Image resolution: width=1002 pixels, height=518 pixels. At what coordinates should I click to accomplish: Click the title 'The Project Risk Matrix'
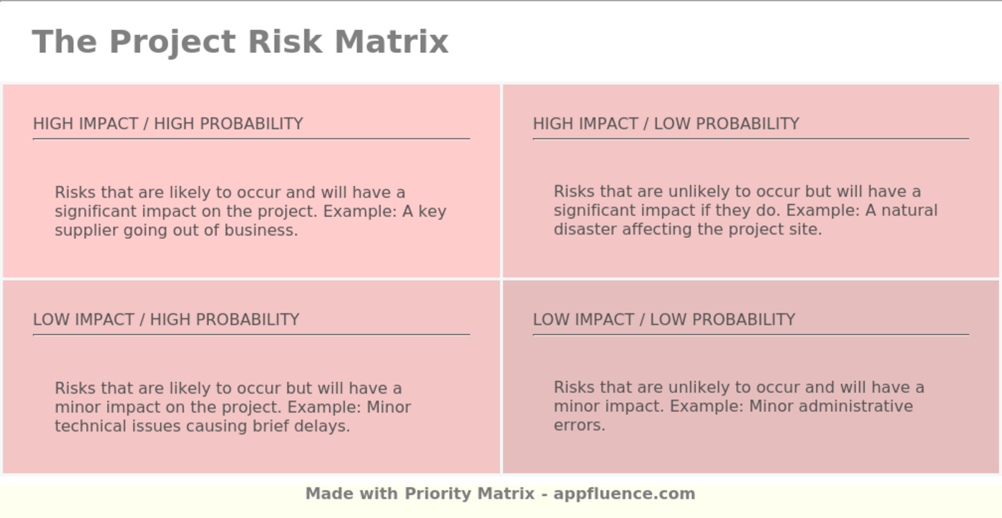[240, 41]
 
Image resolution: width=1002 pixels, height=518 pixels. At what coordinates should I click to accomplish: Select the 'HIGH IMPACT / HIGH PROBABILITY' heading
[168, 124]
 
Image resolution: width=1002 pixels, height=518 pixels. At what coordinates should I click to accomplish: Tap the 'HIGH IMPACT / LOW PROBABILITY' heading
[666, 124]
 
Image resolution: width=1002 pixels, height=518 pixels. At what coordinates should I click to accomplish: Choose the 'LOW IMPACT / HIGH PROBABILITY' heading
[166, 320]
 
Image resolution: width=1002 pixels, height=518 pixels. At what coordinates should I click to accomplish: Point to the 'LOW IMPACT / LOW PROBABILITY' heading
[663, 320]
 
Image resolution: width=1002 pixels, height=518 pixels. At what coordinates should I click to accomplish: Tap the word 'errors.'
[579, 425]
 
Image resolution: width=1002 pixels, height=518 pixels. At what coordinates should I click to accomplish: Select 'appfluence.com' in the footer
[624, 494]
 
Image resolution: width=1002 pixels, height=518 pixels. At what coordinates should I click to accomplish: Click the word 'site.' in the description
[804, 230]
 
